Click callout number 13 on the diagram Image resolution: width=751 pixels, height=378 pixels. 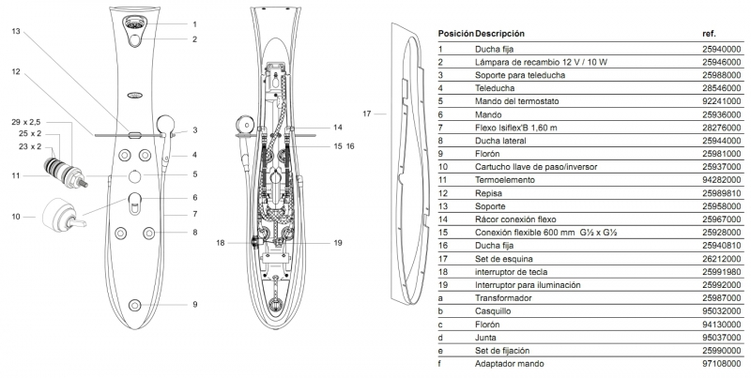pyautogui.click(x=16, y=31)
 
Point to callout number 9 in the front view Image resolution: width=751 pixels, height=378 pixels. pyautogui.click(x=194, y=305)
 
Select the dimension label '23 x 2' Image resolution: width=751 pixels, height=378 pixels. pyautogui.click(x=30, y=147)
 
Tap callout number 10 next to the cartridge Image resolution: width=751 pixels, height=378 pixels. pyautogui.click(x=16, y=217)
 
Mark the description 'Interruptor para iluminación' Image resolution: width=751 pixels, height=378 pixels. pyautogui.click(x=528, y=284)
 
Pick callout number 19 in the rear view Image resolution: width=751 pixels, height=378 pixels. pyautogui.click(x=312, y=242)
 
